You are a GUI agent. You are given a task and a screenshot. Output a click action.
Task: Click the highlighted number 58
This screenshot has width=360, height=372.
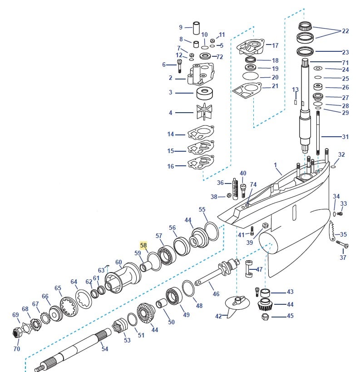point(143,245)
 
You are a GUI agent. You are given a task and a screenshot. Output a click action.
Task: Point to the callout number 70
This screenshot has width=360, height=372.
point(17,349)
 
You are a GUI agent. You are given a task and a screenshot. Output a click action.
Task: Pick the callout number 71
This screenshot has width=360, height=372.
point(345,62)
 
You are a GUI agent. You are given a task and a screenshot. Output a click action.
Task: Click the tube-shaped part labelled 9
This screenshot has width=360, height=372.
point(197,27)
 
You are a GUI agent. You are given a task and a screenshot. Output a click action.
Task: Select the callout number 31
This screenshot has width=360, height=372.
point(345,137)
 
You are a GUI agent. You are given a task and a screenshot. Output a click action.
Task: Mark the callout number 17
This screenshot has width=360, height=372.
point(275,45)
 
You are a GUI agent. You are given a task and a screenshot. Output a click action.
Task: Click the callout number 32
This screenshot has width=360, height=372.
point(341,155)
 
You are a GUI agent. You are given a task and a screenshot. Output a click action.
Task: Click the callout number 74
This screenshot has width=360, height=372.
point(253,184)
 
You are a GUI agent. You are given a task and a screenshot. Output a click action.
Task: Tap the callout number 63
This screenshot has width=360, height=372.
point(101,270)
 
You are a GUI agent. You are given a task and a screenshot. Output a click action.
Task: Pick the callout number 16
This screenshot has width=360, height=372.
point(170,166)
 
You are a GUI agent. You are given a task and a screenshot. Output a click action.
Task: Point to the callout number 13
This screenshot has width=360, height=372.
point(295,89)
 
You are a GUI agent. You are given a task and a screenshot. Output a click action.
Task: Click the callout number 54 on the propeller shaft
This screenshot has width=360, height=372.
point(105,349)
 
